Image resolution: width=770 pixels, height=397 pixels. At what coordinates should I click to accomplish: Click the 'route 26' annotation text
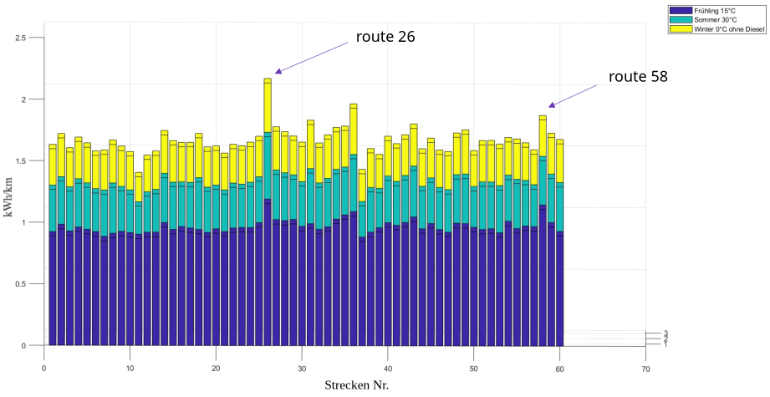tap(385, 37)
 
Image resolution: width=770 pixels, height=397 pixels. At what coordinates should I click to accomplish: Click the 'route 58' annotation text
tap(638, 77)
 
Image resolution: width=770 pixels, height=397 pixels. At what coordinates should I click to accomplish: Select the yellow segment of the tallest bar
tap(268, 104)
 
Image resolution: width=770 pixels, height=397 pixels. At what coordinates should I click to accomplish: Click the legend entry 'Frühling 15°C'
tap(715, 10)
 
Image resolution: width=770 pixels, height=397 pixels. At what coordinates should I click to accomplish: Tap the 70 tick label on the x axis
tap(645, 368)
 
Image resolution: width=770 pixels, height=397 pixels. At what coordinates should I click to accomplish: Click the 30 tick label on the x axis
tap(302, 368)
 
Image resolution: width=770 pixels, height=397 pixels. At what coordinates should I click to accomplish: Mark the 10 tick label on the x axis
tap(130, 368)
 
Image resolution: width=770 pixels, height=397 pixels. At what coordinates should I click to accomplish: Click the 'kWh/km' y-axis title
tap(8, 197)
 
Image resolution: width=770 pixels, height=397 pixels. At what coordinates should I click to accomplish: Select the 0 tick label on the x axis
tap(43, 368)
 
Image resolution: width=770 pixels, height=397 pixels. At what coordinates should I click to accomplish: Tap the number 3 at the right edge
tap(665, 333)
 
